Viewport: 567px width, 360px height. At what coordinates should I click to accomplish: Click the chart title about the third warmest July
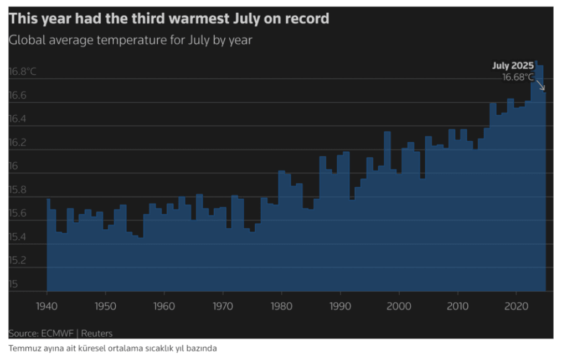click(169, 19)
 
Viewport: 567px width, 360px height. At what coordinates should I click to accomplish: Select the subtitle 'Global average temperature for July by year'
click(130, 40)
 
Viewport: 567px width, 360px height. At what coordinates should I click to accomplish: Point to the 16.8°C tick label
click(22, 71)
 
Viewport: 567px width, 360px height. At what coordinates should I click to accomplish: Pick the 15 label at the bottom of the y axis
click(13, 284)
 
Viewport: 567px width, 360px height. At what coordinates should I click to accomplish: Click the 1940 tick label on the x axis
click(47, 306)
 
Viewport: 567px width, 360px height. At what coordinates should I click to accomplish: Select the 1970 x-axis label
click(223, 306)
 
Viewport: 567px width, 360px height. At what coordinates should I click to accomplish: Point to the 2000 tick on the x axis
click(398, 306)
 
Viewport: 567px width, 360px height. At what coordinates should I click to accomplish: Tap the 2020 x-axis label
click(516, 306)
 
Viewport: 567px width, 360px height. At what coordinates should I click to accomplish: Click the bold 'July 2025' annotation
click(513, 66)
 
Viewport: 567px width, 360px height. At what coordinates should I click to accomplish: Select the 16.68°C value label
click(518, 77)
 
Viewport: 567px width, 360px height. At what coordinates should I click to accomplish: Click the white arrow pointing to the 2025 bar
click(540, 84)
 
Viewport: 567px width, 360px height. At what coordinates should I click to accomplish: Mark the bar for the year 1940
click(48, 244)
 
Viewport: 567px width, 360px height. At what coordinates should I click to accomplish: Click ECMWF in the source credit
click(54, 333)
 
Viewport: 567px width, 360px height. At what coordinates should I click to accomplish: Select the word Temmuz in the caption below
click(22, 348)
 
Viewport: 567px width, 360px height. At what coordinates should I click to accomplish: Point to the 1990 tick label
click(339, 306)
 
